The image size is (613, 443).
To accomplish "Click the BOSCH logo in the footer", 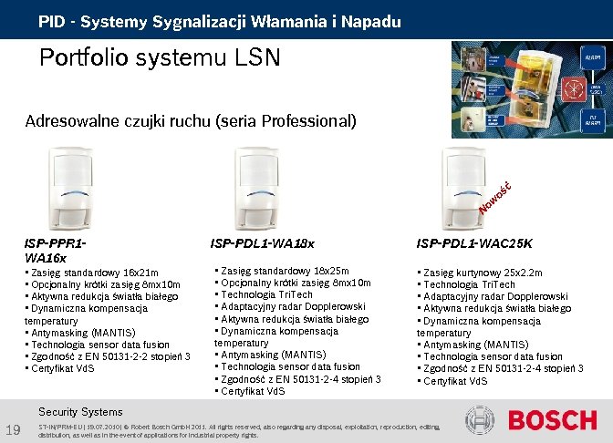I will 553,420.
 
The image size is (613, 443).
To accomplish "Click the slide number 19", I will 13,430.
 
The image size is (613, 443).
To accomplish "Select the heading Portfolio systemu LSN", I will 159,58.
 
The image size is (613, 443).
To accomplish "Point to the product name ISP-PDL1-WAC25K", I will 474,243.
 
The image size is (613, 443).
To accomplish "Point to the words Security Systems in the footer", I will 80,412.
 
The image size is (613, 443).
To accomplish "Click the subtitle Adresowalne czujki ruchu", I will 190,121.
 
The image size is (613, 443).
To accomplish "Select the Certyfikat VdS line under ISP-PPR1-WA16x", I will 63,368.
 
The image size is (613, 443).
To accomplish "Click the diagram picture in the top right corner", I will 528,88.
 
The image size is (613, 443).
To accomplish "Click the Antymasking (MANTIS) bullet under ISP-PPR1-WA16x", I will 81,333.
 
